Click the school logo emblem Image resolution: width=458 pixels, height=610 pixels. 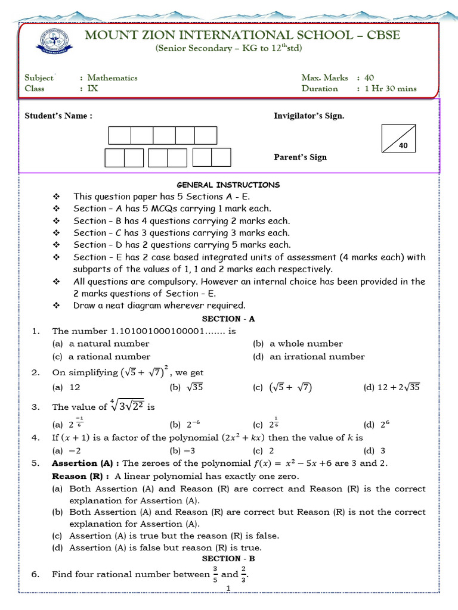coord(57,42)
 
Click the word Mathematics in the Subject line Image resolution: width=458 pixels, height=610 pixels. coord(112,77)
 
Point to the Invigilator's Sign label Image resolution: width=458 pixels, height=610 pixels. coord(308,116)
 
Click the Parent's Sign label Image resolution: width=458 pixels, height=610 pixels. coord(300,157)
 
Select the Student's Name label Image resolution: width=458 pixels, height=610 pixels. coord(58,116)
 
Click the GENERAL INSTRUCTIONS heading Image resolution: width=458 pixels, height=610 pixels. coord(228,185)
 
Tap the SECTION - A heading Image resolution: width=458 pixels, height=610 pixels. coord(228,319)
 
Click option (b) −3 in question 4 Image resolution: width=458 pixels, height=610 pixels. coord(187,450)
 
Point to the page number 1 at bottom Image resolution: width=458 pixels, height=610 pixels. coord(228,589)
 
